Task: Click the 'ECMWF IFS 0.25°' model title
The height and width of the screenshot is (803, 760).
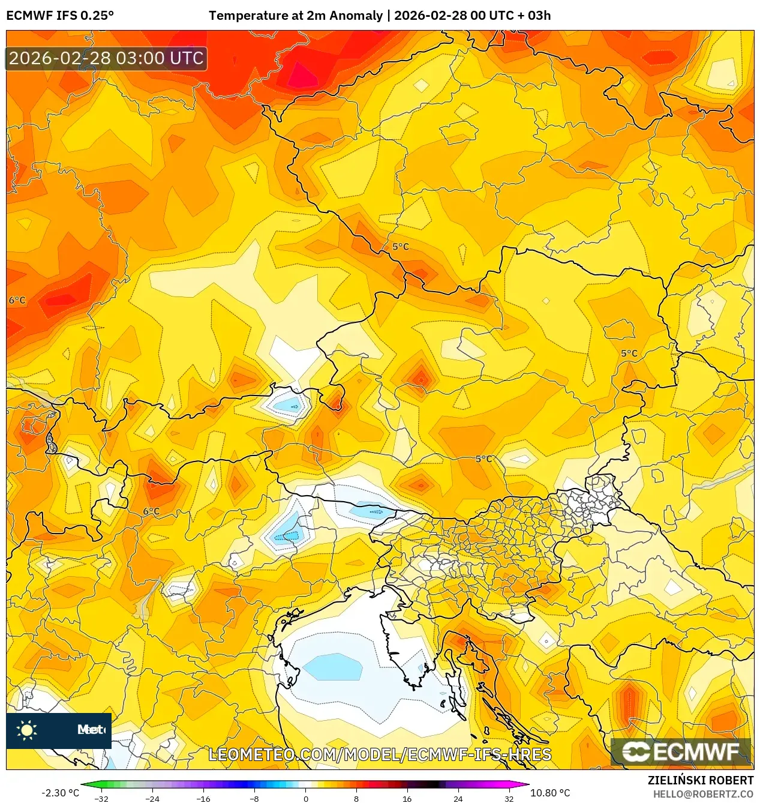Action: tap(60, 16)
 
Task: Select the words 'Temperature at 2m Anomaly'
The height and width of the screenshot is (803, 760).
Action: tap(295, 16)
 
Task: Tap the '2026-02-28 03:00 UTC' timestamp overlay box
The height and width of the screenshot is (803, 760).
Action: tap(106, 58)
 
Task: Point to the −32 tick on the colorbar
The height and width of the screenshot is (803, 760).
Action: tap(101, 798)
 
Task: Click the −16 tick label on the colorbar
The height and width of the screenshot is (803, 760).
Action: tap(203, 798)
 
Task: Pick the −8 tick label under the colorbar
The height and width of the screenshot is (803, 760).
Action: tap(254, 798)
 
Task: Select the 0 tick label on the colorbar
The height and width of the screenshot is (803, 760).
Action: tap(305, 798)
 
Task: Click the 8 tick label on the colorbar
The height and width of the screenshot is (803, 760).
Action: tap(356, 798)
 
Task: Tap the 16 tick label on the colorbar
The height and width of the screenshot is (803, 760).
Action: tap(407, 798)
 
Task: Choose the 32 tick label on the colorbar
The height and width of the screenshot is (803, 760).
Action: tap(509, 798)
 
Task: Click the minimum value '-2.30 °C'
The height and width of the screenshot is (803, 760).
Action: tap(60, 793)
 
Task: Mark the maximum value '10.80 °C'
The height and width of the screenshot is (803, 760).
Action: tap(550, 793)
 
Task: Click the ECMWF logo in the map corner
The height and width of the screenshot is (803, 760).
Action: tap(681, 751)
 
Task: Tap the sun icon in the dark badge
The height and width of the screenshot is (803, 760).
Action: tap(27, 730)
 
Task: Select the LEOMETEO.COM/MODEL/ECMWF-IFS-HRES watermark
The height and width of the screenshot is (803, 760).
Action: tap(380, 754)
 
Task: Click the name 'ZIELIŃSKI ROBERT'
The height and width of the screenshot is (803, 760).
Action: tap(700, 780)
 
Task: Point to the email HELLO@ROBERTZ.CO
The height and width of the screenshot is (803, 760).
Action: tap(703, 794)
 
